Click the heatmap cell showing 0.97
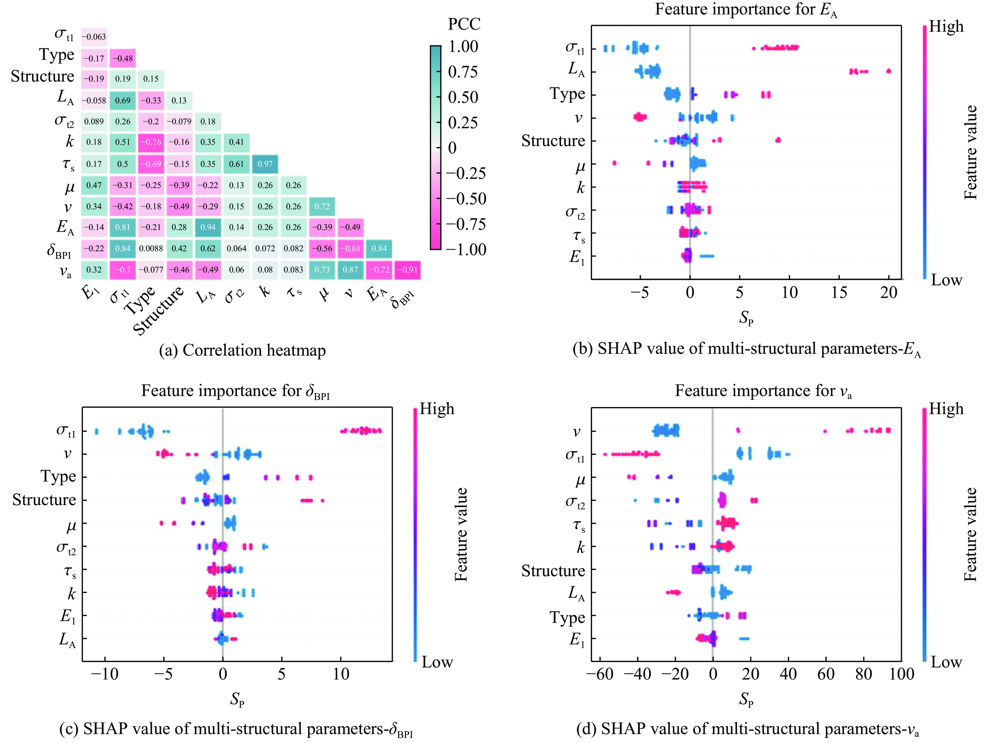click(265, 164)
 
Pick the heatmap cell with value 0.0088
click(151, 248)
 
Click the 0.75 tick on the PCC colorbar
click(463, 72)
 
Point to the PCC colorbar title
click(464, 24)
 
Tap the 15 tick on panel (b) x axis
click(839, 293)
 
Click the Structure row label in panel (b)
click(553, 141)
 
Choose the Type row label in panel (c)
click(58, 476)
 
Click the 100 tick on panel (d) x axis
click(901, 673)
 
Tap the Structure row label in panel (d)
click(553, 570)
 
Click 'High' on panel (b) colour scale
click(946, 27)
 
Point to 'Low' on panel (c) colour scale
click(437, 662)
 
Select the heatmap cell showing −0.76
click(151, 142)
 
